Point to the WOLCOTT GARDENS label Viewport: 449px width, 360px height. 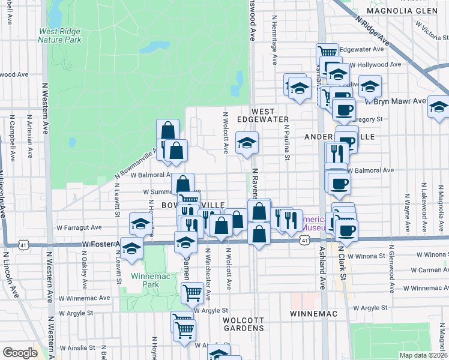(x=243, y=324)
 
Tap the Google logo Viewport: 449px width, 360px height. (x=20, y=353)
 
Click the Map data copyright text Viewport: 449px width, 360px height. (x=423, y=355)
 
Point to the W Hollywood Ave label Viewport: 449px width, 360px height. (x=375, y=64)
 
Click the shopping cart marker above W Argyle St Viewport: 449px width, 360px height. (x=191, y=293)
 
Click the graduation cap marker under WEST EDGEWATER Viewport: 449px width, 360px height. (x=247, y=143)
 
